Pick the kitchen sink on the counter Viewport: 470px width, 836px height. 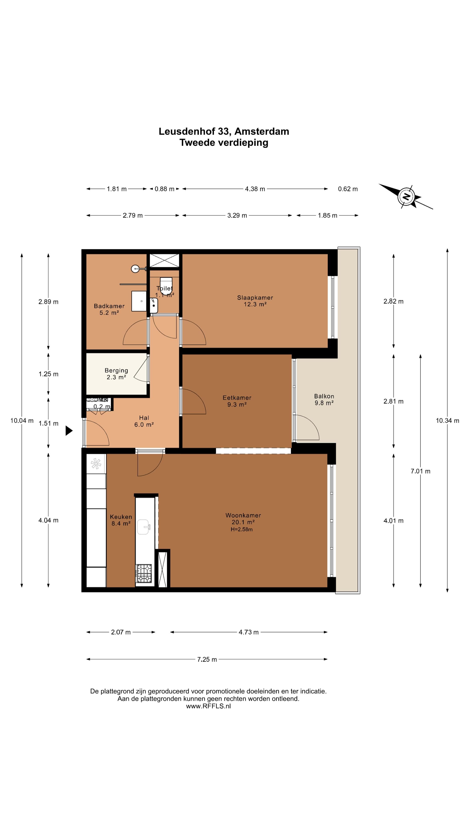coord(144,527)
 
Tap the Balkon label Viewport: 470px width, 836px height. coord(324,396)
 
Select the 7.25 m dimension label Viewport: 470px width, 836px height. coord(207,659)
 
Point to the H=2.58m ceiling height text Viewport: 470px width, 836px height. coord(242,529)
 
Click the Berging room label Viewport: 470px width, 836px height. coord(116,370)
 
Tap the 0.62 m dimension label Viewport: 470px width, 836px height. coord(348,189)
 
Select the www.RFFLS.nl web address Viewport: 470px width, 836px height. coord(208,706)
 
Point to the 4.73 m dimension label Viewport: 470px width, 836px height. coord(248,632)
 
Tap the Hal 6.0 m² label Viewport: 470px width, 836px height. coord(144,421)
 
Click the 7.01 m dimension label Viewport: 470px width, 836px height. coord(420,471)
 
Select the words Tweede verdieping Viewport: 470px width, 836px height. coord(224,142)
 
